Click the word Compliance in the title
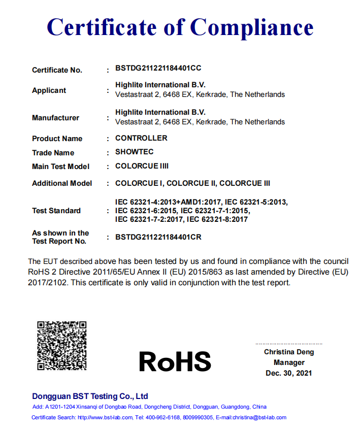point(252,26)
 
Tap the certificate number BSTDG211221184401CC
point(158,68)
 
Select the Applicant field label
point(49,90)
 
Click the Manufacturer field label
point(55,118)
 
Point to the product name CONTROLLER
point(141,138)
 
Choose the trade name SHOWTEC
point(134,152)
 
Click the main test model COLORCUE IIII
point(142,166)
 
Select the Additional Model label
point(62,183)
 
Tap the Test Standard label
point(56,211)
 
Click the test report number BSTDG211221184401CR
point(158,237)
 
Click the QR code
point(62,346)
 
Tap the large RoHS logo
point(175,361)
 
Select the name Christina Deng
point(289,352)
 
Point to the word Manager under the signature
point(289,362)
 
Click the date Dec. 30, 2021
point(289,373)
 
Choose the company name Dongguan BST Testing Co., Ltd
point(90,396)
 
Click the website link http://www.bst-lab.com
point(105,417)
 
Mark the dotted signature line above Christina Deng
point(289,344)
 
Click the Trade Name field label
point(53,153)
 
